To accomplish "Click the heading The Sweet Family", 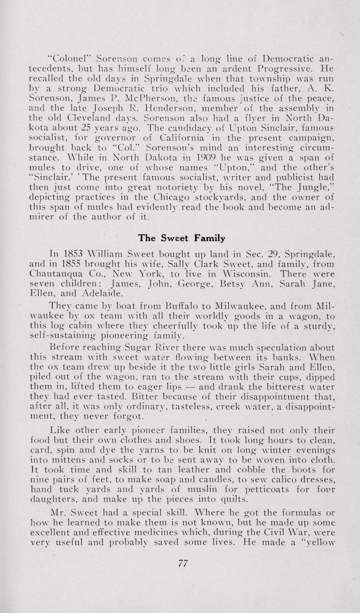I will click(x=182, y=238).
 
